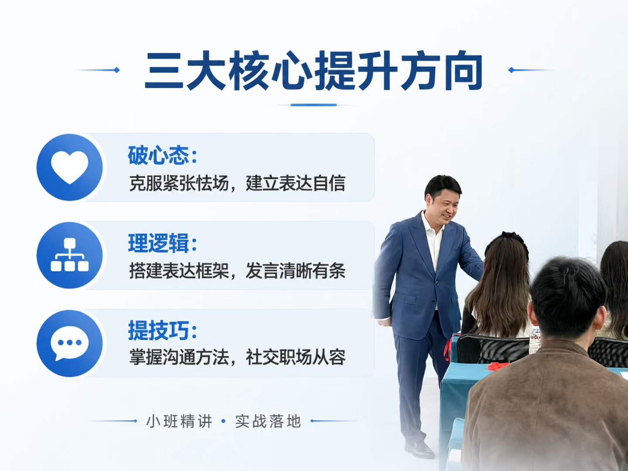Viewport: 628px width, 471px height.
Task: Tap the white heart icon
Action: coord(69,167)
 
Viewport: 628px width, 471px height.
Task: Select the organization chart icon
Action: coord(69,255)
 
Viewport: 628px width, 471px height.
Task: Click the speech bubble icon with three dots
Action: coord(69,343)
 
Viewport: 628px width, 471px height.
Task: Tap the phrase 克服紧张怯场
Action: coord(179,183)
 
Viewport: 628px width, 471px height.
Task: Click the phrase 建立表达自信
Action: coord(296,183)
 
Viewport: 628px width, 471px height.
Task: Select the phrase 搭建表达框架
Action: coord(179,270)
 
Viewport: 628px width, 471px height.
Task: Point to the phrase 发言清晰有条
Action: coord(296,270)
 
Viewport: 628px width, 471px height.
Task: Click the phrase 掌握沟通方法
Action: coord(179,357)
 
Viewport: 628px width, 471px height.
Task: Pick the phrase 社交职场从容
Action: coord(296,357)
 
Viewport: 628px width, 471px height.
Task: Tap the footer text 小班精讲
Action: coord(179,421)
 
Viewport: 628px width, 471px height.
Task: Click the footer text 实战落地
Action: coord(268,421)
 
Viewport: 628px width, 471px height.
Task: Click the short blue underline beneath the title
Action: coord(314,105)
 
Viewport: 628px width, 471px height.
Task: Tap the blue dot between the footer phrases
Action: coord(223,421)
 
